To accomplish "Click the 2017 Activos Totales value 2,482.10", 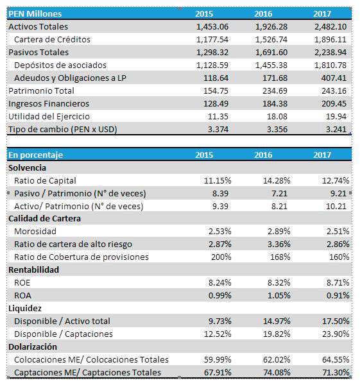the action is coord(330,26).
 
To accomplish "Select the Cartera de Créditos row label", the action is coord(53,39).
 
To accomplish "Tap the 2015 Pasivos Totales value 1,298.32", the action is coord(212,53).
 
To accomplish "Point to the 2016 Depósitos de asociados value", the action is coord(271,65).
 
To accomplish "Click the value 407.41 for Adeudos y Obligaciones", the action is coord(334,78).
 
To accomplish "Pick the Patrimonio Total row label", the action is coord(41,90).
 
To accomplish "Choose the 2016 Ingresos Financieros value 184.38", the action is coord(275,103).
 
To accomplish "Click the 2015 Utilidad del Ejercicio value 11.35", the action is coord(218,116).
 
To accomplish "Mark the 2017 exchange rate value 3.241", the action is coord(336,129).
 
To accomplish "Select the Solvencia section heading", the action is coord(27,167).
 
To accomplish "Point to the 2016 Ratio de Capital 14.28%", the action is coord(277,181).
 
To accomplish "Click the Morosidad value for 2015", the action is coord(219,231).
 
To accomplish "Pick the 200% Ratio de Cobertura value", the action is coord(221,257).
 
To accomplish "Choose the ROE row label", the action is coord(22,282).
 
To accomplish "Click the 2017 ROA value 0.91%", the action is coord(338,295).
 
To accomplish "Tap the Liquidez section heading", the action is coord(25,309).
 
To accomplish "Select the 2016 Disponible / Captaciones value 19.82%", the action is coord(277,334).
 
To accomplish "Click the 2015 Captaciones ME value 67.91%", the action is coord(218,372).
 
